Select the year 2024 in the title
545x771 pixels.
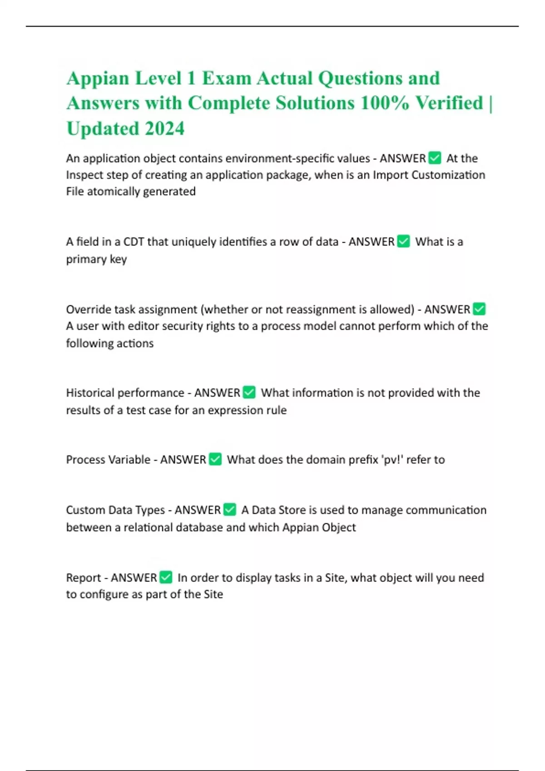click(164, 128)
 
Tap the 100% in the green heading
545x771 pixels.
click(384, 103)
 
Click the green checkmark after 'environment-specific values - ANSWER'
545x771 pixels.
click(435, 158)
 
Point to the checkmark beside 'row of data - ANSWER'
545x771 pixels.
click(403, 241)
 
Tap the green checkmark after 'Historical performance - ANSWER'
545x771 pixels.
click(249, 392)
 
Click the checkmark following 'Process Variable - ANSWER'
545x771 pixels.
click(215, 459)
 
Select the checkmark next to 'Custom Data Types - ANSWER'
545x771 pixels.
click(230, 510)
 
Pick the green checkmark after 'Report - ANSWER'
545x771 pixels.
click(166, 577)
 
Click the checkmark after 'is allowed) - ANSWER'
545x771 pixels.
click(479, 309)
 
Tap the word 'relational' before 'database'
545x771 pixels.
click(148, 527)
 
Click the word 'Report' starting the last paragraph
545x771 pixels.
click(82, 578)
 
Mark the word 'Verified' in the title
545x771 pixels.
click(449, 103)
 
